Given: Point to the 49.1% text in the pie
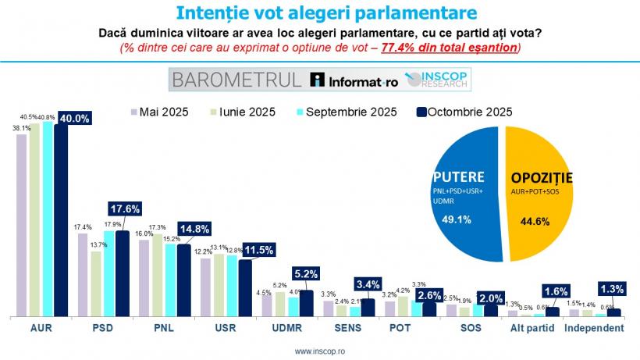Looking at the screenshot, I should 457,219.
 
